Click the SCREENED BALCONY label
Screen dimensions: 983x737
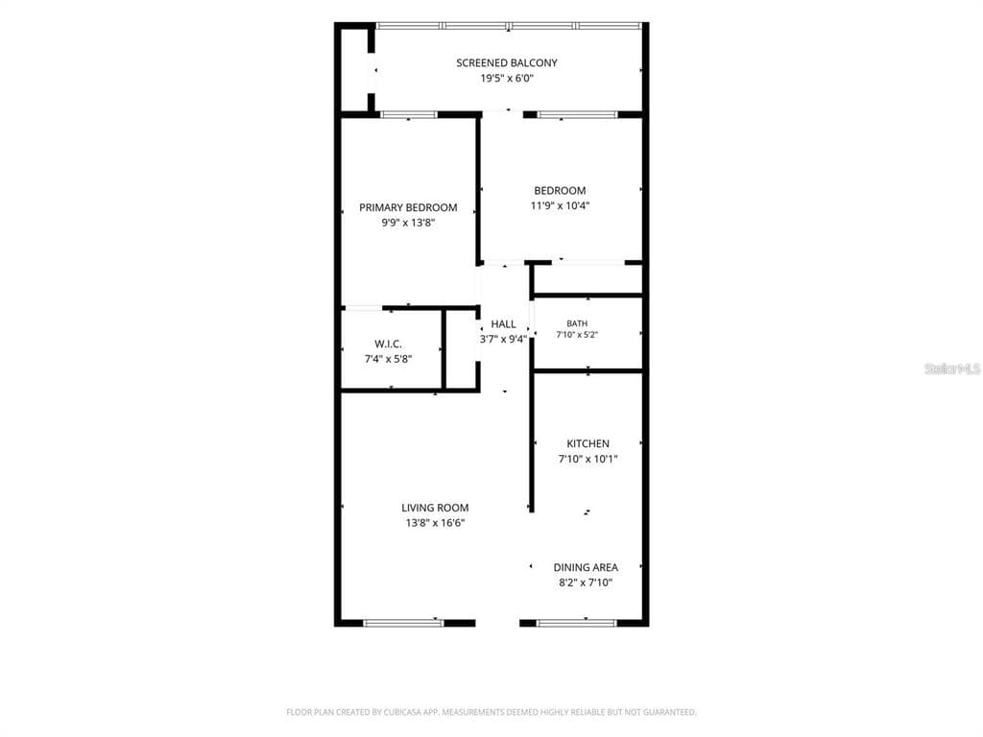pos(507,62)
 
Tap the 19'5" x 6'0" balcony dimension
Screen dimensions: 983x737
pos(507,79)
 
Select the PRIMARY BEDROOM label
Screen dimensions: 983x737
pos(408,207)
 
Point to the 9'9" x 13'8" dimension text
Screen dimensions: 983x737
pos(408,223)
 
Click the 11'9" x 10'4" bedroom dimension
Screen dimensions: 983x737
pos(560,205)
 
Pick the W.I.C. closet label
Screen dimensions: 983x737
pos(388,345)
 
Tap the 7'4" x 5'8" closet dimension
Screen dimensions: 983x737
pos(388,359)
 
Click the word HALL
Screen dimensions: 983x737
pos(503,324)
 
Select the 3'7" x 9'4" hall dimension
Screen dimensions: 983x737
pos(503,339)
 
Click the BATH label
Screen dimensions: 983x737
pos(577,323)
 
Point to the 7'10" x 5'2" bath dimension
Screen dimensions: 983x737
pos(577,335)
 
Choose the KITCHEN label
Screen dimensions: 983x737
pos(588,443)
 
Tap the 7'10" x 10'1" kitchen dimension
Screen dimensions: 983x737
pos(588,459)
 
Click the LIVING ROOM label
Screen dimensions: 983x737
pos(435,508)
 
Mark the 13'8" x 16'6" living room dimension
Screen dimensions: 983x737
pos(435,523)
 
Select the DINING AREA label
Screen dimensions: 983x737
pos(586,567)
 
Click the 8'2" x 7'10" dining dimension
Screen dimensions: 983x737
pos(586,582)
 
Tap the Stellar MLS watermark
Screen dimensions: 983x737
pos(952,368)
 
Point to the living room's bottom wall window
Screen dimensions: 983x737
pos(403,623)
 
